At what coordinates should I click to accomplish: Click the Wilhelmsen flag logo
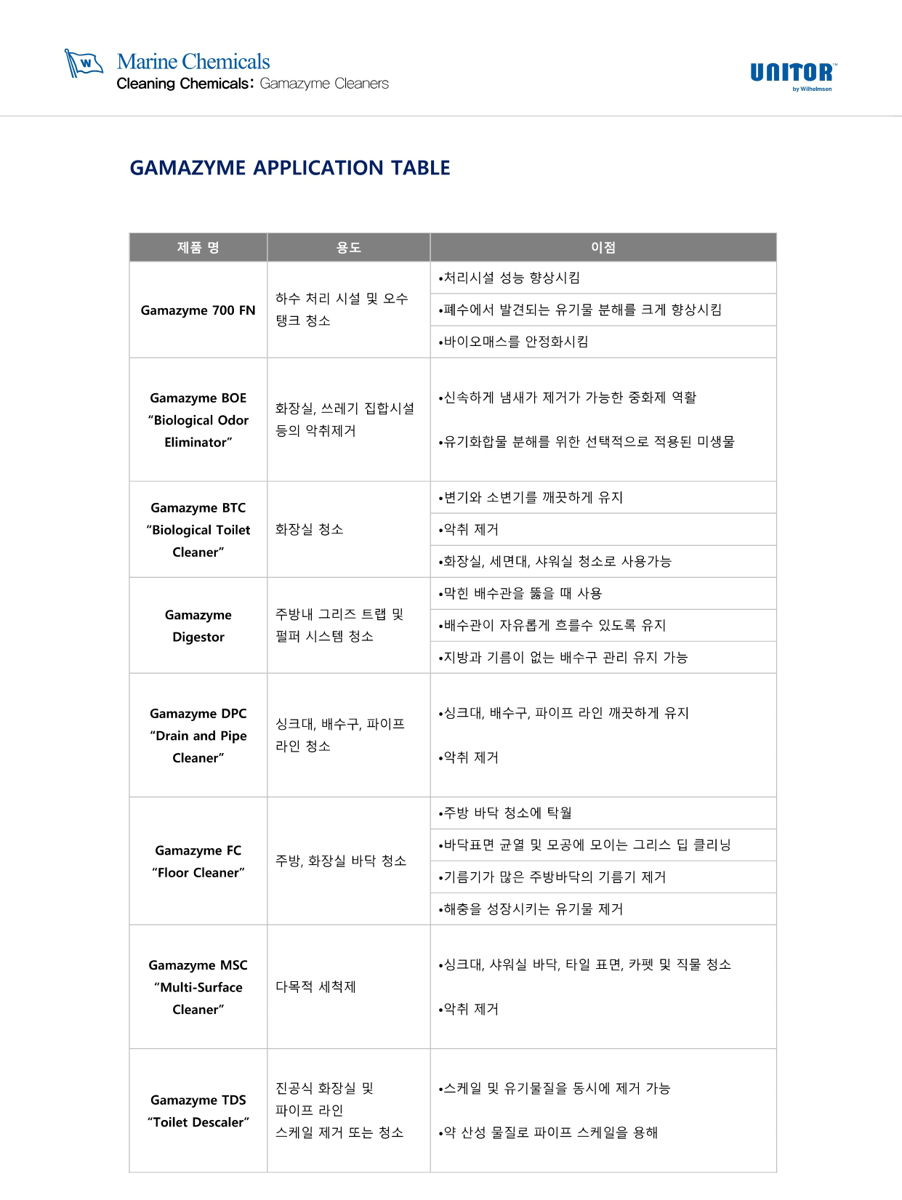pyautogui.click(x=84, y=63)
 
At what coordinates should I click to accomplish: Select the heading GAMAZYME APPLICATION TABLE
pyautogui.click(x=289, y=168)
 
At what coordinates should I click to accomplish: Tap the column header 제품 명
pyautogui.click(x=198, y=248)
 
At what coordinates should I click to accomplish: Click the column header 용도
pyautogui.click(x=348, y=248)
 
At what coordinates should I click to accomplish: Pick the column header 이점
pyautogui.click(x=603, y=248)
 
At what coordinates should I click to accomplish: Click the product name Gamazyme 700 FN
pyautogui.click(x=198, y=310)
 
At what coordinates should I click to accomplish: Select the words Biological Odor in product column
pyautogui.click(x=198, y=420)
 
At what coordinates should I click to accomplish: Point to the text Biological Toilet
pyautogui.click(x=198, y=530)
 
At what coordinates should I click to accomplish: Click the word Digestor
pyautogui.click(x=198, y=637)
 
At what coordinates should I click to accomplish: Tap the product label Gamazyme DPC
pyautogui.click(x=198, y=714)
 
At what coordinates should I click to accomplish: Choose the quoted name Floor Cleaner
pyautogui.click(x=198, y=873)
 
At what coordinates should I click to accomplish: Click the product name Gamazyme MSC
pyautogui.click(x=198, y=965)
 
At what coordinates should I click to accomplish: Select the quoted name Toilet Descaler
pyautogui.click(x=198, y=1122)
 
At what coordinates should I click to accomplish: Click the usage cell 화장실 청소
pyautogui.click(x=309, y=529)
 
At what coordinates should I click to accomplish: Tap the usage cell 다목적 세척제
pyautogui.click(x=315, y=987)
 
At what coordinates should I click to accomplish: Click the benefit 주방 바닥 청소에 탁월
pyautogui.click(x=507, y=813)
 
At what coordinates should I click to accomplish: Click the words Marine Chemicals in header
pyautogui.click(x=193, y=62)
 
